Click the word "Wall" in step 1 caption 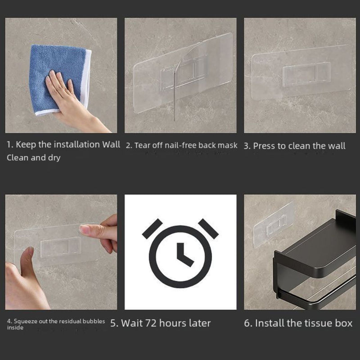(x=111, y=144)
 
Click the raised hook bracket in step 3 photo (x=307, y=74)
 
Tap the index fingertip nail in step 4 (x=83, y=229)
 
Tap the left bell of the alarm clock (x=152, y=229)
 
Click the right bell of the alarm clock (x=208, y=229)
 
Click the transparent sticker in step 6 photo (x=274, y=225)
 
